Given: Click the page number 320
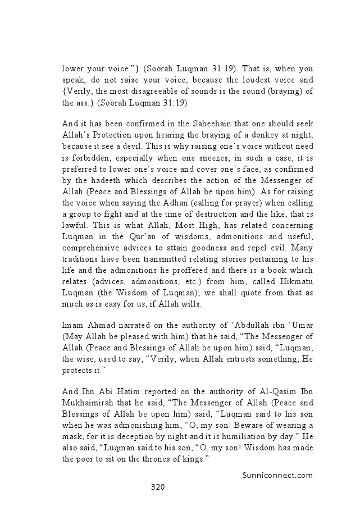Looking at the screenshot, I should point(157,487).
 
